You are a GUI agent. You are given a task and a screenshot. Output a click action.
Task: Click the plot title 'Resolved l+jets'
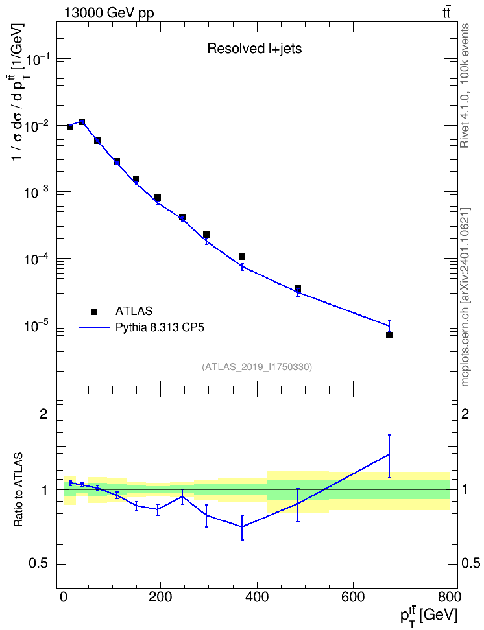tap(254, 49)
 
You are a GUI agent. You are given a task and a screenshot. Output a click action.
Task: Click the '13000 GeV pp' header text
tap(108, 13)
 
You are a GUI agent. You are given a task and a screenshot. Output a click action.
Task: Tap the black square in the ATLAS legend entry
tap(94, 311)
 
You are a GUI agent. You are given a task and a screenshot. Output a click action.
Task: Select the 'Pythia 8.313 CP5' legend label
tap(160, 327)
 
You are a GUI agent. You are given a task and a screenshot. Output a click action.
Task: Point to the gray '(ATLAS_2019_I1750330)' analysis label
tap(257, 367)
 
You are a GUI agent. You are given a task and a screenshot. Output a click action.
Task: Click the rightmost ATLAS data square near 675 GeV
tap(389, 334)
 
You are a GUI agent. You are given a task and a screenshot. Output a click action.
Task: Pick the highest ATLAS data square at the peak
tap(82, 122)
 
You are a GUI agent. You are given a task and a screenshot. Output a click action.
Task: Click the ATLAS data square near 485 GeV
tap(298, 288)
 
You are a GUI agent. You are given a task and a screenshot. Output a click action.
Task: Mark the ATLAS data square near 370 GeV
tap(242, 257)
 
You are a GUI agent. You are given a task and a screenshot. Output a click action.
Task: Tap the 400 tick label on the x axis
tap(257, 598)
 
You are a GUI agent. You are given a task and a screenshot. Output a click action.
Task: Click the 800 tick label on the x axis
tap(450, 598)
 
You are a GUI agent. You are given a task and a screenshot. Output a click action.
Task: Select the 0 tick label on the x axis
tap(64, 598)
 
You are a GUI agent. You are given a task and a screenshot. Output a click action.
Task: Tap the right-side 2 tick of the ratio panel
tap(465, 414)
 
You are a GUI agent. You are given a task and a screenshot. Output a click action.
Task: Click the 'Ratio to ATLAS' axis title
tap(18, 490)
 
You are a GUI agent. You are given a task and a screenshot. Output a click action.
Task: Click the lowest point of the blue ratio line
tap(242, 527)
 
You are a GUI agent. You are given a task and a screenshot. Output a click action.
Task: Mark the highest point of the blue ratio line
tap(389, 454)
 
